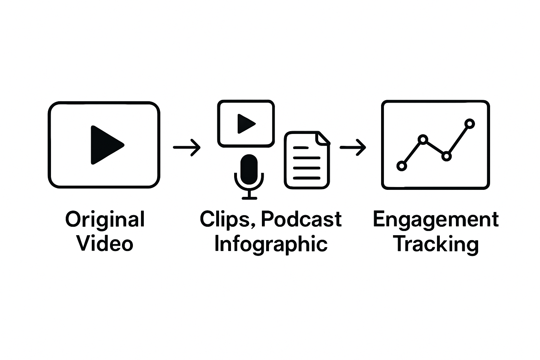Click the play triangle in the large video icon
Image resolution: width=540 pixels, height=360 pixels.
pos(105,145)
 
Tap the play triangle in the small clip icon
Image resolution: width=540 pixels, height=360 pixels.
pos(245,123)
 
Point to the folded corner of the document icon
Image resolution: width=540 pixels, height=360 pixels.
pos(323,139)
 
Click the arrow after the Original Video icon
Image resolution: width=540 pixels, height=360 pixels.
pos(187,147)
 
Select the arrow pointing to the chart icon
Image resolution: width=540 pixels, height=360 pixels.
pos(353,147)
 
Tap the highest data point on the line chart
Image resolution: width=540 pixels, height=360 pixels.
pos(470,124)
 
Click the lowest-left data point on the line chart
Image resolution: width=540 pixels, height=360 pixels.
pos(401,166)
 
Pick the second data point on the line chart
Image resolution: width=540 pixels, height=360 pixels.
pos(424,140)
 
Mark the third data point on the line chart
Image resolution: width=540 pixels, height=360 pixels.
pos(446,156)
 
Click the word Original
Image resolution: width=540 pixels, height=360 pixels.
pos(105,220)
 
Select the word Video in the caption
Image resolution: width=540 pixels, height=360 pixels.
pos(105,244)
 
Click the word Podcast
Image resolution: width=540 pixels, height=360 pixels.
pos(301,219)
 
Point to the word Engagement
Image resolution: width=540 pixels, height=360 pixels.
pos(436,220)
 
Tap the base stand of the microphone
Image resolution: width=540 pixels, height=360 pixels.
pos(249,198)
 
